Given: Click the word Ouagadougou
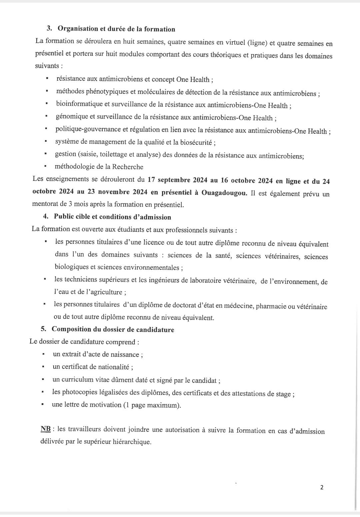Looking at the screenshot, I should coord(224,193).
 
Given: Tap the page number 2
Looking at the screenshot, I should coord(322,487).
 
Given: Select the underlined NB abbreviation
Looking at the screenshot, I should coord(46,429).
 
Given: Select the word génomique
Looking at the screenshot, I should coord(71,116).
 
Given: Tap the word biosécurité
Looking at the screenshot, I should coord(196,142).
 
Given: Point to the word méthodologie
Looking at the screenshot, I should coord(77,166).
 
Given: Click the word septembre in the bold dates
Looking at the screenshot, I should coord(173,180).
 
